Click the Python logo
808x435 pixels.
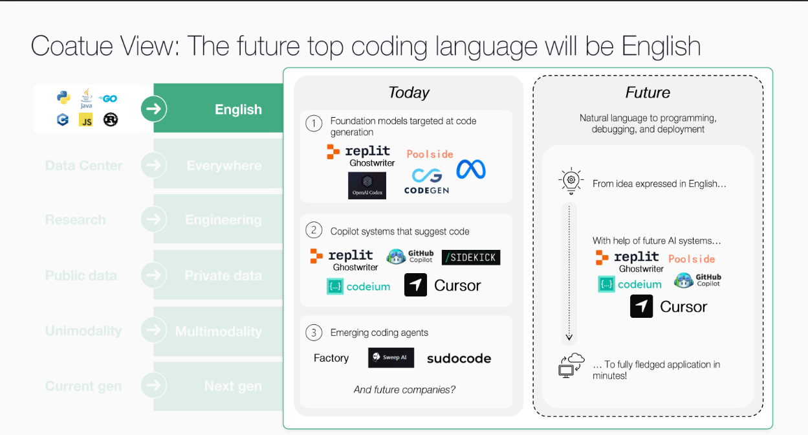(x=63, y=98)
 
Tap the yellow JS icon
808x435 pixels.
(x=85, y=120)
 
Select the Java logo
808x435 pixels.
(x=86, y=98)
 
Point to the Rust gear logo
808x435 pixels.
(x=111, y=120)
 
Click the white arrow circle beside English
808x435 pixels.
(x=153, y=109)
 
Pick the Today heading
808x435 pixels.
(x=409, y=93)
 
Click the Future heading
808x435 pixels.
(x=648, y=93)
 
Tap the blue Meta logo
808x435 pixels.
(x=470, y=170)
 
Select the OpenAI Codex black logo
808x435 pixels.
(x=367, y=186)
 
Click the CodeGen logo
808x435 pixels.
(x=426, y=181)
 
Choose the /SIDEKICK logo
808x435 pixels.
(x=471, y=258)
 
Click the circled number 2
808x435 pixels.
(x=314, y=230)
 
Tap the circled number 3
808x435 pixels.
(x=314, y=333)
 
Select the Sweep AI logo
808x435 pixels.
(x=391, y=357)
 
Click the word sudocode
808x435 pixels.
(x=459, y=359)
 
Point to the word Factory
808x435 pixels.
(x=331, y=358)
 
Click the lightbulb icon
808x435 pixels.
(x=571, y=183)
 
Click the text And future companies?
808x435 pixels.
(x=404, y=390)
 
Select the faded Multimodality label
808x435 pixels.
(x=219, y=331)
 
